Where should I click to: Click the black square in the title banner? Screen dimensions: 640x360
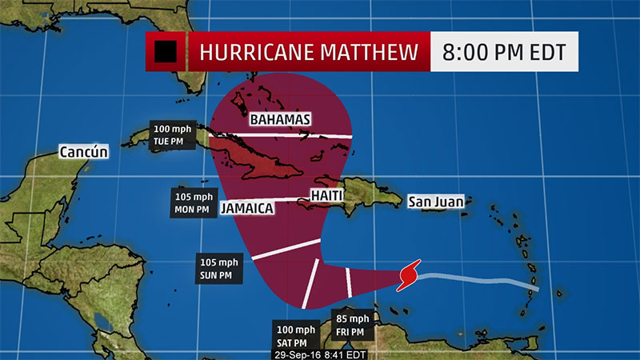(166, 52)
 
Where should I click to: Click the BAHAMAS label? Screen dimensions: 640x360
(279, 120)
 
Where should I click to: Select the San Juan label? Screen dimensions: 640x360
(435, 202)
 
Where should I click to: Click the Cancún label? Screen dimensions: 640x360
(83, 152)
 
